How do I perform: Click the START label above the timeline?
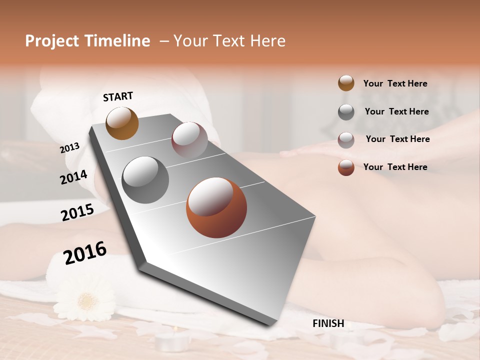tap(118, 96)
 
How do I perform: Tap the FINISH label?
tap(328, 323)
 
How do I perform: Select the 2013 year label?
tap(69, 148)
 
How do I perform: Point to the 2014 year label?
tap(73, 177)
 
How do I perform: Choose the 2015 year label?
tap(77, 212)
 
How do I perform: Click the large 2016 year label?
tap(85, 252)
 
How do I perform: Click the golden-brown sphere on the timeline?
tap(122, 123)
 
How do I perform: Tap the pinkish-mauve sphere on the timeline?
tap(189, 139)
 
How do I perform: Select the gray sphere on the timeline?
tap(145, 179)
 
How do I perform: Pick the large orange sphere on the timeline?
tap(216, 207)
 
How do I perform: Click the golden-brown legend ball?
tap(346, 83)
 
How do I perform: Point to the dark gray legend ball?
tap(346, 111)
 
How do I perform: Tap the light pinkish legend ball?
tap(346, 139)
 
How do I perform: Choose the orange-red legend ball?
tap(346, 167)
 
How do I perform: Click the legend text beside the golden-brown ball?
tap(395, 83)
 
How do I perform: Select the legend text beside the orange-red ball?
tap(395, 167)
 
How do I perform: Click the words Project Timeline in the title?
tap(87, 41)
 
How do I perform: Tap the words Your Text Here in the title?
tap(229, 41)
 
